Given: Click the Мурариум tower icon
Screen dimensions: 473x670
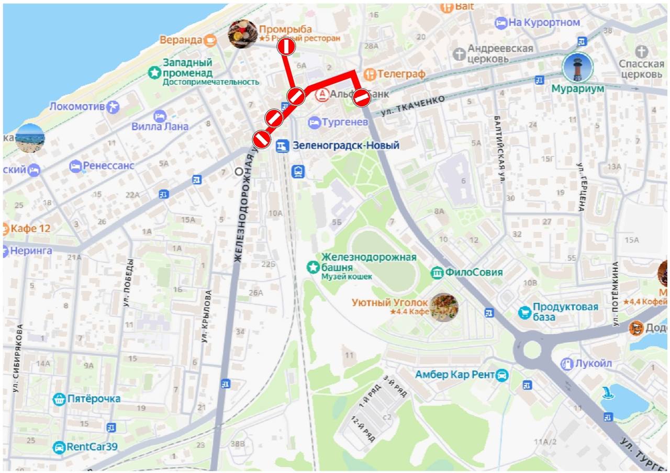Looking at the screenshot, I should pos(577,67).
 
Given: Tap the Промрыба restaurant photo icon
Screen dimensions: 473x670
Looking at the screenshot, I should pos(242,34).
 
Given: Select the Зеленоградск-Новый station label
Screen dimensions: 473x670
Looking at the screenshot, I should pos(346,145).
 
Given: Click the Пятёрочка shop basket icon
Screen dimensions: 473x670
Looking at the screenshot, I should pos(59,399).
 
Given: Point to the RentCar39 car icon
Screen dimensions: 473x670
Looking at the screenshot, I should pos(59,447).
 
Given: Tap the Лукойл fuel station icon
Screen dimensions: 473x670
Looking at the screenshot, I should pos(567,364).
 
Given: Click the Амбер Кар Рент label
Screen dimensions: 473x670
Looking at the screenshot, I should pos(454,375).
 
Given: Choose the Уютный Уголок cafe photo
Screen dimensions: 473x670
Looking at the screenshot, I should pos(444,307).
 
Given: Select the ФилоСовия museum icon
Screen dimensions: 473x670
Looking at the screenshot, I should pos(437,273).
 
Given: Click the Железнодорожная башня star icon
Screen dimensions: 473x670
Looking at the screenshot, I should pos(312,267).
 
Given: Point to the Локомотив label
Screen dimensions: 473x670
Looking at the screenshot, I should pos(77,107).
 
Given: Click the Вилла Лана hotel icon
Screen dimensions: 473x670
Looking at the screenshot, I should pos(160,116).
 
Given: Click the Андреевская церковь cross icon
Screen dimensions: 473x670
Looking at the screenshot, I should pos(459,54).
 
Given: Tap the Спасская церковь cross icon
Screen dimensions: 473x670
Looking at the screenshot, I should pos(642,51).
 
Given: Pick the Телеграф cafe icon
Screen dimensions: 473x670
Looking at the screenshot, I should pos(370,74).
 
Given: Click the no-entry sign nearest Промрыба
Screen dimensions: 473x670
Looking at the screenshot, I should pos(286,47).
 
